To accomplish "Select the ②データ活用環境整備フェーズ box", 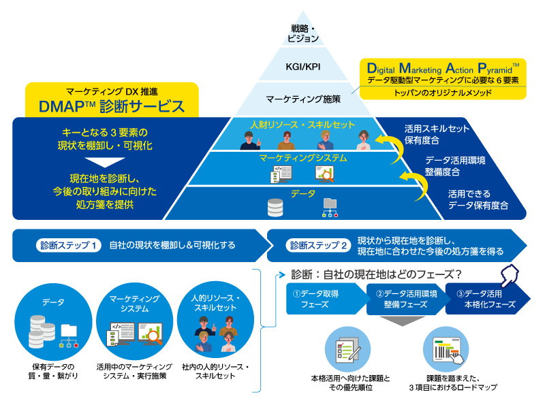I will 403,299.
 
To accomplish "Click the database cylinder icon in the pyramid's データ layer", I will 275,207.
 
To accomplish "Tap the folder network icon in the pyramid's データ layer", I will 330,207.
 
